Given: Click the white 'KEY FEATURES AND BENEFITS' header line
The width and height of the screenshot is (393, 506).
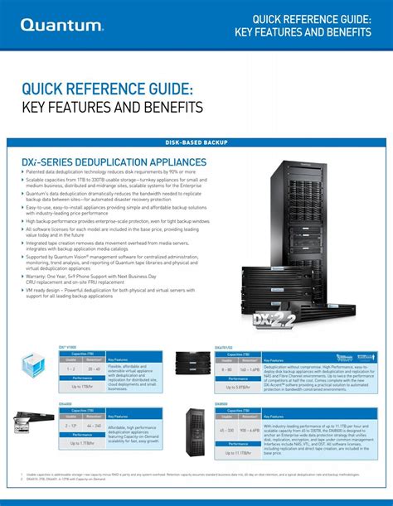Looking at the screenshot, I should pos(303,31).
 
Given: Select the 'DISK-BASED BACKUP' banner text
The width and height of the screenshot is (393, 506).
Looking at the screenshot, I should pos(196,143).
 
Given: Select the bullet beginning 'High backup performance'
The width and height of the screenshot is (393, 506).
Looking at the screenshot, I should pos(116,222).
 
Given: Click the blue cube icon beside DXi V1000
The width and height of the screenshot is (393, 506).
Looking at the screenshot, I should pos(33,364).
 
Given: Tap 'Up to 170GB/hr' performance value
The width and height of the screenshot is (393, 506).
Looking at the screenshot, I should pos(81,387).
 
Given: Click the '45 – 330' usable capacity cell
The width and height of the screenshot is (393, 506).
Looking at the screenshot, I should pos(226,431).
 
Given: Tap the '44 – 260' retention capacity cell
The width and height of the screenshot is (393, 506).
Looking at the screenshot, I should pos(93,426).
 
